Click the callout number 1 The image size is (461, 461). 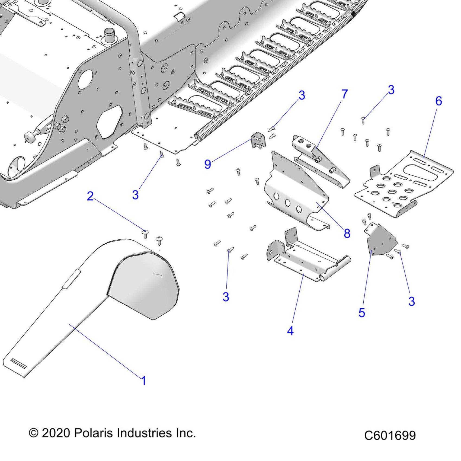[x=144, y=381]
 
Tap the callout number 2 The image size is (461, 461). [x=90, y=196]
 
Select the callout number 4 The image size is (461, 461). [x=290, y=331]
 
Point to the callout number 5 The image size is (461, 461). [x=362, y=313]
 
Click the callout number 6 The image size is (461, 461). [x=438, y=101]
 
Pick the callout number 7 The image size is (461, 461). [x=345, y=94]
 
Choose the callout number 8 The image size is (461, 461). [x=347, y=233]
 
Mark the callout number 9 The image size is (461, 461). [x=207, y=164]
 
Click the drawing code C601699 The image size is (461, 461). [x=390, y=435]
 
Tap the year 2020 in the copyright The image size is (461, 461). [x=56, y=433]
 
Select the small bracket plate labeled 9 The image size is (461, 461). [x=257, y=140]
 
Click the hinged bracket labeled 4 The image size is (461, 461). [x=306, y=258]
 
